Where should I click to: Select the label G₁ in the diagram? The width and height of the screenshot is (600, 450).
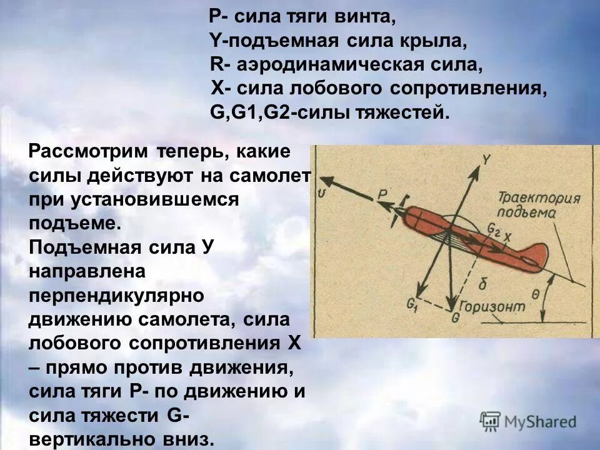coord(411,304)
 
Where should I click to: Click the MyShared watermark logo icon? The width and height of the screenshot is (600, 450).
coord(490,421)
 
